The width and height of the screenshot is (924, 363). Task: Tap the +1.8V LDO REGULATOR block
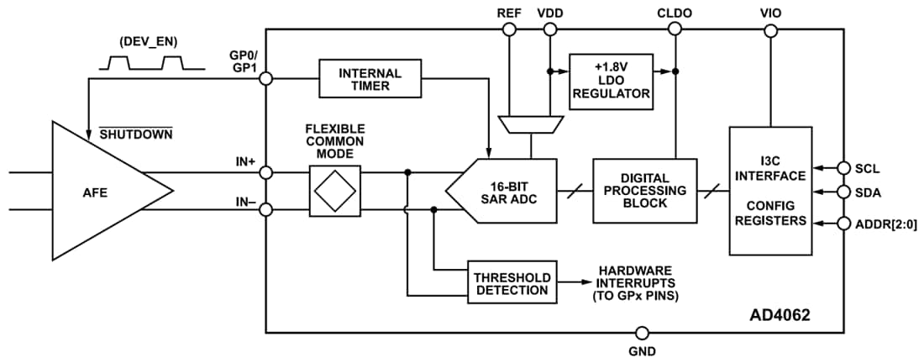[611, 80]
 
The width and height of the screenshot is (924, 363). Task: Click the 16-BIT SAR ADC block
[507, 192]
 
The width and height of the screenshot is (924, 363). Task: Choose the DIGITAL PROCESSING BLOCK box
[644, 192]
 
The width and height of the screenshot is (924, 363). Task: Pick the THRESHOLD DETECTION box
[512, 283]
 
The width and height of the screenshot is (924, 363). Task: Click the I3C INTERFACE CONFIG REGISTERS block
[770, 191]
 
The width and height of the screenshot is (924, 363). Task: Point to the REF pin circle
[508, 29]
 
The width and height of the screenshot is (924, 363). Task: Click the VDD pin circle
[549, 29]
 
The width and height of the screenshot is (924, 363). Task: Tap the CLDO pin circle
[675, 29]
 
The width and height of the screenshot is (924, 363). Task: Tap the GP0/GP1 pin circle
[266, 79]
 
